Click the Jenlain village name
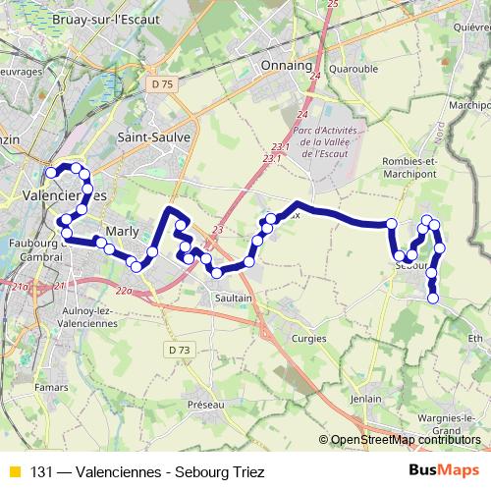[x=365, y=399]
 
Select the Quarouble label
[x=354, y=70]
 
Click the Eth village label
[x=476, y=338]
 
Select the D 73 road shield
[x=178, y=350]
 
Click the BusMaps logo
[x=444, y=471]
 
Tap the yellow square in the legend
[x=13, y=471]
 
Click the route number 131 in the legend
[x=42, y=471]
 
